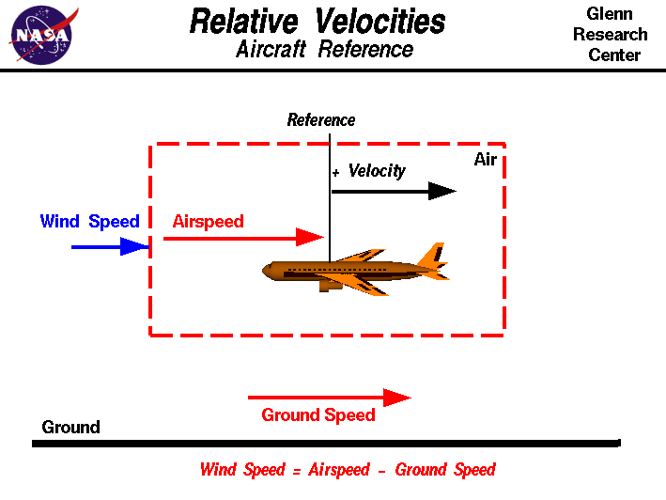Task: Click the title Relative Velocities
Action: [x=318, y=21]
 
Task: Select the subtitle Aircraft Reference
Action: [x=324, y=50]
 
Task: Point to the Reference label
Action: [x=321, y=120]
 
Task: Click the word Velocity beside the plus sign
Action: [x=377, y=171]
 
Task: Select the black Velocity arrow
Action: [x=394, y=191]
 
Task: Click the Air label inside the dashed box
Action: [x=485, y=160]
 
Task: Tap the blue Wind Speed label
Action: [x=89, y=222]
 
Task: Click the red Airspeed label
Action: [x=208, y=222]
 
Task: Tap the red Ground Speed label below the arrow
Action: [x=318, y=415]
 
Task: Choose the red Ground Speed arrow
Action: [x=329, y=398]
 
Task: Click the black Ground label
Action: [x=70, y=428]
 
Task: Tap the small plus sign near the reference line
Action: [x=335, y=174]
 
